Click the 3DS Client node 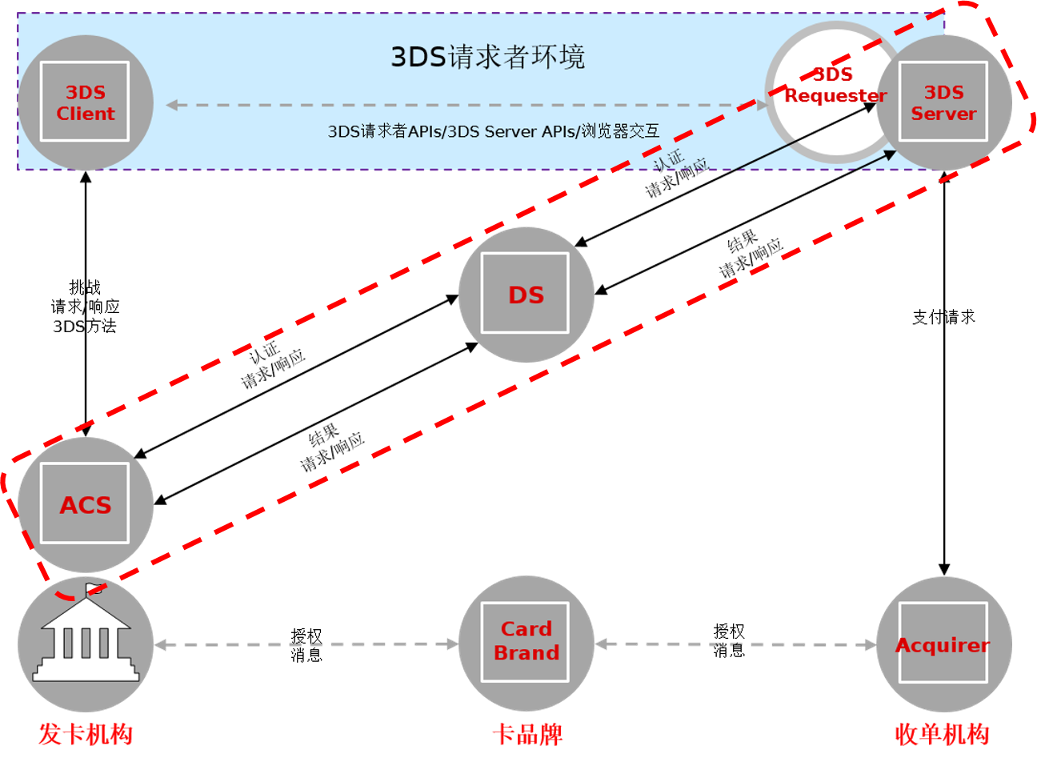click(85, 102)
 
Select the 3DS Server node click(943, 102)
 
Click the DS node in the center click(526, 295)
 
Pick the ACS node click(85, 504)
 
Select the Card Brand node click(526, 642)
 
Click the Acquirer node click(943, 644)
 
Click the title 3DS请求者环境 click(487, 57)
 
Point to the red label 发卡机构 click(86, 733)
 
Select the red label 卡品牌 click(527, 733)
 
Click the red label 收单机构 click(942, 733)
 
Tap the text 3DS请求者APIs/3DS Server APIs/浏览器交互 click(493, 131)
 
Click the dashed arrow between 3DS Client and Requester click(464, 105)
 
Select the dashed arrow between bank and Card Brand click(306, 644)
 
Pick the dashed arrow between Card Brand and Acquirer click(735, 644)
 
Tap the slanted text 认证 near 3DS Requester click(668, 159)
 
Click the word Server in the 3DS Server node click(943, 114)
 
